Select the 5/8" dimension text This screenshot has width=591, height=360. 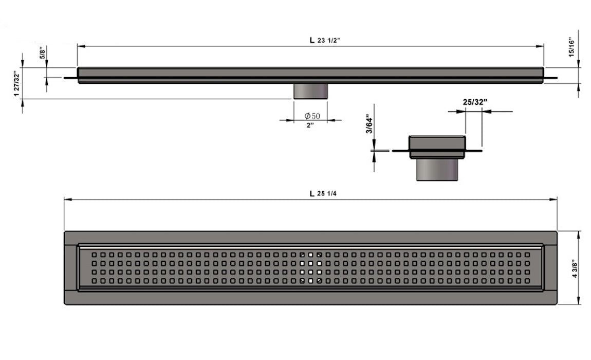pos(43,52)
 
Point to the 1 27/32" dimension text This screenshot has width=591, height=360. pos(17,81)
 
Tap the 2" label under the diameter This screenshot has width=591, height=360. pos(310,125)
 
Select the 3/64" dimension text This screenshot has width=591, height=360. pos(368,125)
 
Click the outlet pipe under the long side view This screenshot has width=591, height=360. pos(310,92)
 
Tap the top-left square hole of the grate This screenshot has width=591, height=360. pos(94,255)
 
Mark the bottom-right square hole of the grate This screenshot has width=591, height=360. pos(527,281)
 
